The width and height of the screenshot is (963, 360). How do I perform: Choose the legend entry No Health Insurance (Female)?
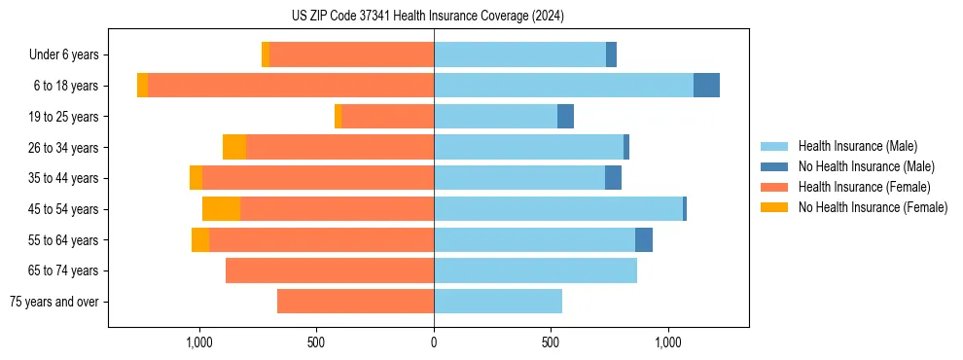pyautogui.click(x=873, y=207)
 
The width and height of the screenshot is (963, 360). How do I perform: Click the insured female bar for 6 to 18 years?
pyautogui.click(x=291, y=86)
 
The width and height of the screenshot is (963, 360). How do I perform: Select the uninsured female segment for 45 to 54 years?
pyautogui.click(x=221, y=209)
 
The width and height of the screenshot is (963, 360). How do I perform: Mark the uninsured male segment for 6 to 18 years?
pyautogui.click(x=706, y=86)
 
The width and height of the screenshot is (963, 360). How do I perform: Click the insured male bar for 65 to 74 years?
pyautogui.click(x=535, y=270)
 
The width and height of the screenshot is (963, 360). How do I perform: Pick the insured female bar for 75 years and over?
pyautogui.click(x=355, y=302)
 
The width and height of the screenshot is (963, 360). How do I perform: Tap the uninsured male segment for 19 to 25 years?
pyautogui.click(x=565, y=117)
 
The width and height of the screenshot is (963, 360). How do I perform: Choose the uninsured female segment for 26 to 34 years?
pyautogui.click(x=234, y=147)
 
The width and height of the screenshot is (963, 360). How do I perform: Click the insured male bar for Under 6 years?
pyautogui.click(x=519, y=55)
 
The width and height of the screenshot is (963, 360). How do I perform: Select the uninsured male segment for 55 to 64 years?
pyautogui.click(x=644, y=240)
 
